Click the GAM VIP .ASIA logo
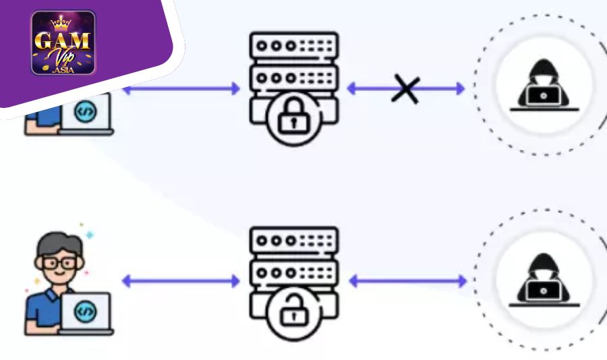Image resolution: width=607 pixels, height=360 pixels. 63,42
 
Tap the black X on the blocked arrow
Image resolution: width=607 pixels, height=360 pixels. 406,88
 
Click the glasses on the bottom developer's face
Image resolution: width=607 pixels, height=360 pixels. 59,262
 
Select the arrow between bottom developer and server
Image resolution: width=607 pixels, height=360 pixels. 181,280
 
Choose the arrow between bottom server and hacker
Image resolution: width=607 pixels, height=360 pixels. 407,280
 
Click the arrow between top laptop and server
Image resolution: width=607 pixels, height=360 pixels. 181,88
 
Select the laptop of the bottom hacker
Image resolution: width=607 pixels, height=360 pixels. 544,292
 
